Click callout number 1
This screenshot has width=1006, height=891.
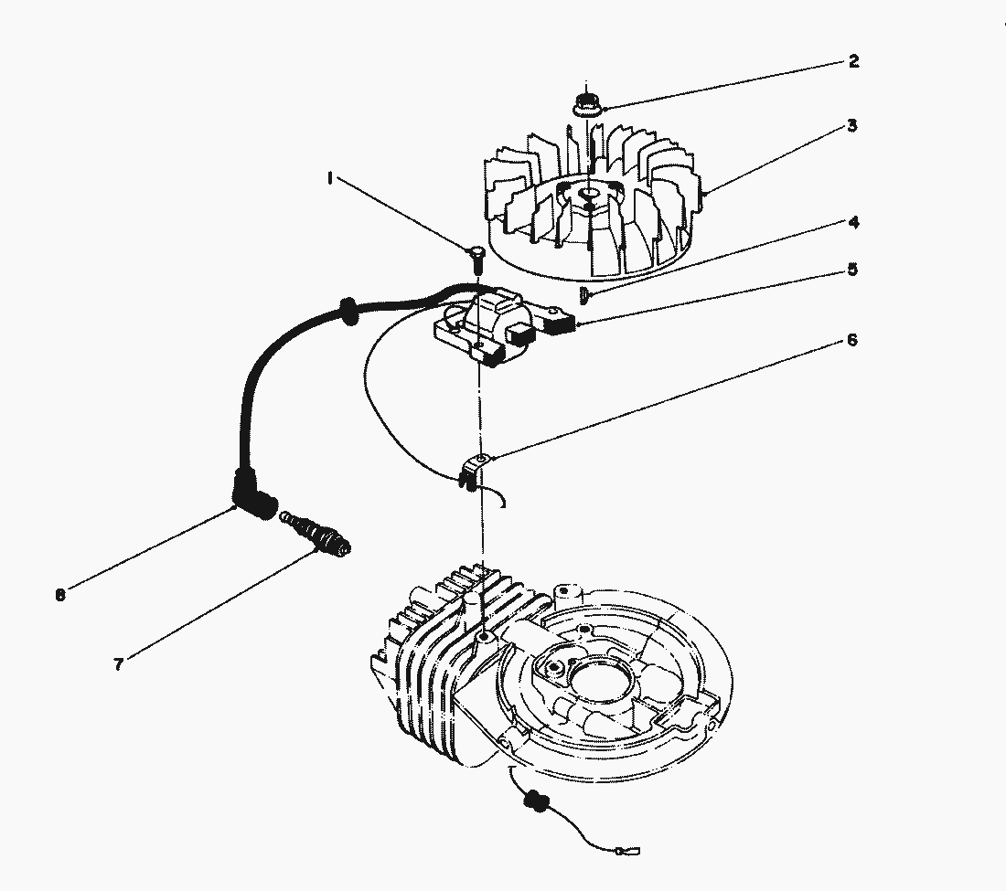tap(328, 180)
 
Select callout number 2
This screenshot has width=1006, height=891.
tap(852, 62)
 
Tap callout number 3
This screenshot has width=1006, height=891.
tap(851, 126)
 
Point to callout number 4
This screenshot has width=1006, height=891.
tap(852, 222)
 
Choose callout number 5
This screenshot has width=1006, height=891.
tap(852, 270)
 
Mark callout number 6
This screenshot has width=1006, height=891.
tap(851, 340)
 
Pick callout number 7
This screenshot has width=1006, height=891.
tap(118, 664)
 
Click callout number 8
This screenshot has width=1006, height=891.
tap(60, 595)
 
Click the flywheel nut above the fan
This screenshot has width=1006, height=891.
tap(584, 102)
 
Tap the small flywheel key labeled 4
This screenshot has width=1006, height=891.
tap(583, 292)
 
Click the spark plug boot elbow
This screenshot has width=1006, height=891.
tap(251, 500)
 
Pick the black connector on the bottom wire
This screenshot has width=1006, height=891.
tap(535, 801)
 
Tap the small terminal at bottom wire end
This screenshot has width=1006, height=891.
tap(629, 854)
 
